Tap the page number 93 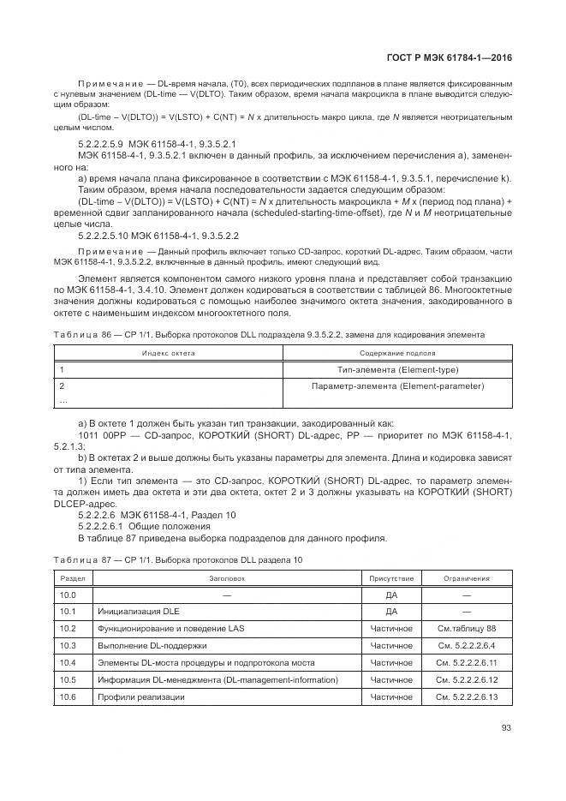pos(507,729)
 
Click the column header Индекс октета pos(170,352)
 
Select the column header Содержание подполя pos(397,352)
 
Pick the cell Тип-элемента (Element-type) pos(398,369)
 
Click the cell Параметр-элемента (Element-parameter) pos(398,386)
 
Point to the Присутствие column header pos(391,578)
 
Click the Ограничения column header pos(467,578)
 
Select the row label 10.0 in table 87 pos(69,595)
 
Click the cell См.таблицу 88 pos(467,629)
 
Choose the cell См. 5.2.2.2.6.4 pos(467,646)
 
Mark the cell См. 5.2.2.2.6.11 pos(467,663)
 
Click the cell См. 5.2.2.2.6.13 pos(467,697)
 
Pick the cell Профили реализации pos(140,697)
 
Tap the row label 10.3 pos(69,646)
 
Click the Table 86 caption pos(270,334)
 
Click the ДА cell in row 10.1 pos(391,612)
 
